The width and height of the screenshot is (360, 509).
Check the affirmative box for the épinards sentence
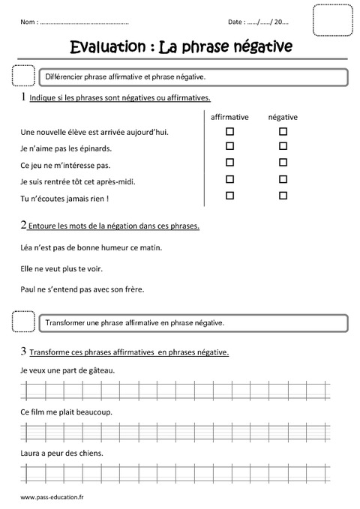click(x=230, y=146)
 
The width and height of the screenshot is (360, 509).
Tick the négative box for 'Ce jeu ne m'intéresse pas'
click(x=283, y=162)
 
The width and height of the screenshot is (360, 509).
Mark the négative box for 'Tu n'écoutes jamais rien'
click(x=283, y=196)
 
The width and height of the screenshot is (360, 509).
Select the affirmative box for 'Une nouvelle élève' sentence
click(x=230, y=130)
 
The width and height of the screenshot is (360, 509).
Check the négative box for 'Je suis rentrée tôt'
click(x=283, y=179)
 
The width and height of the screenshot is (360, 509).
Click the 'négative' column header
click(x=283, y=117)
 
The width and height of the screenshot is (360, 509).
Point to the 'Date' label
click(x=235, y=24)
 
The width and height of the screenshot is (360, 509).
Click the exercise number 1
click(x=24, y=97)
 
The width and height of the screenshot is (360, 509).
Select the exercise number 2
click(x=24, y=225)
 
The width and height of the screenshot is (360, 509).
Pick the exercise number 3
click(x=24, y=352)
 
